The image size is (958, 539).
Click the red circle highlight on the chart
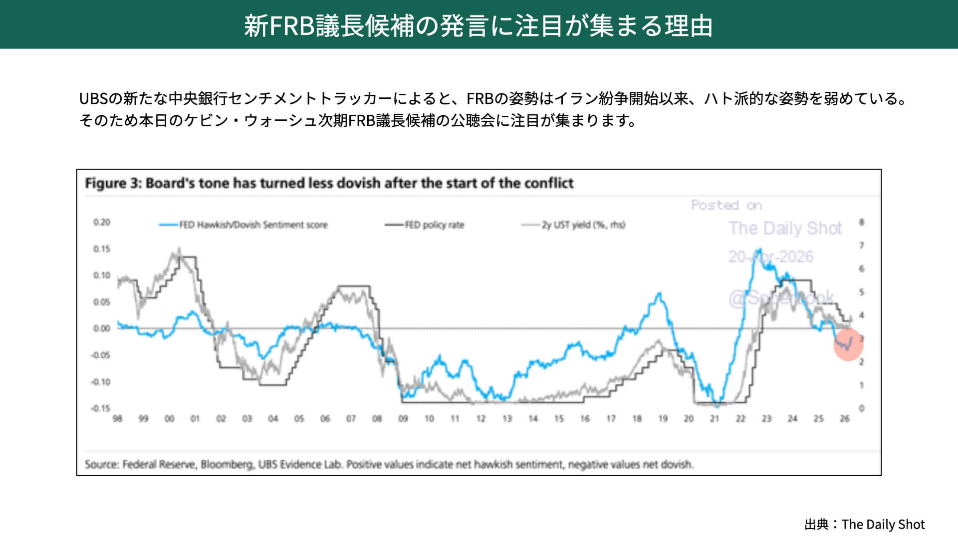pos(848,344)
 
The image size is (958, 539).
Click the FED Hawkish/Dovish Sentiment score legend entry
pos(253,225)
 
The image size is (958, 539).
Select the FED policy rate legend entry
pos(434,225)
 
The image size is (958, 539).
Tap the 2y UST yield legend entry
pos(583,225)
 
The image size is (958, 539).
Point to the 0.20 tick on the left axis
pos(102,222)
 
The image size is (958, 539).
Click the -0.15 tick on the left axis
pos(100,408)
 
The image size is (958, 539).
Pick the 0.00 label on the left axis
pos(102,328)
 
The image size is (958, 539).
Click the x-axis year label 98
pos(117,419)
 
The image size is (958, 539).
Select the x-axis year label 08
pos(377,419)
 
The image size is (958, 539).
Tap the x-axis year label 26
pos(844,419)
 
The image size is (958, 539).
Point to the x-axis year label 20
pos(689,419)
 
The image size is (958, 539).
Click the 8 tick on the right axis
pos(862,222)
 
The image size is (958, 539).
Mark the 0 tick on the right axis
pos(862,408)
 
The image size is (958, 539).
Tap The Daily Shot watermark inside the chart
pos(785,229)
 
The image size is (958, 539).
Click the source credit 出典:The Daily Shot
pos(865,525)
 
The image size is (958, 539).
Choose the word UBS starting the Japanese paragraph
pos(93,99)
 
